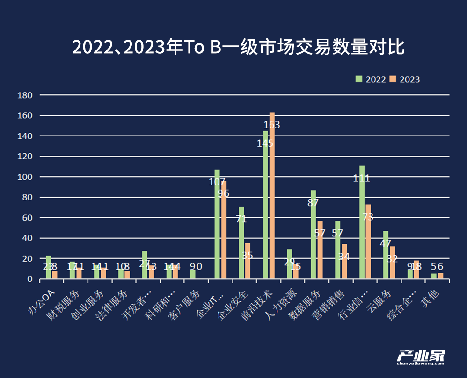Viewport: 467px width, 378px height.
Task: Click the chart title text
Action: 238,48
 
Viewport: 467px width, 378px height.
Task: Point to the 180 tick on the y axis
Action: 24,95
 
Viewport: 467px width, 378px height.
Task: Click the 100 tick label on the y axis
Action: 24,177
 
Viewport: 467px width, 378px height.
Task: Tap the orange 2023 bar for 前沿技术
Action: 272,196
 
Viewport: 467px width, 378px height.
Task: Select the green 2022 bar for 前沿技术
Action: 265,206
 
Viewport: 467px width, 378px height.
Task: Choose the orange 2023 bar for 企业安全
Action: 248,261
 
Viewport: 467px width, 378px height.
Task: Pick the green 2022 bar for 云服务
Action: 386,255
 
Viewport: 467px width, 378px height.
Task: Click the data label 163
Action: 272,125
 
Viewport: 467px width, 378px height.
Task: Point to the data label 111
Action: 362,178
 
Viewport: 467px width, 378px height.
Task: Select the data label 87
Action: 313,203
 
